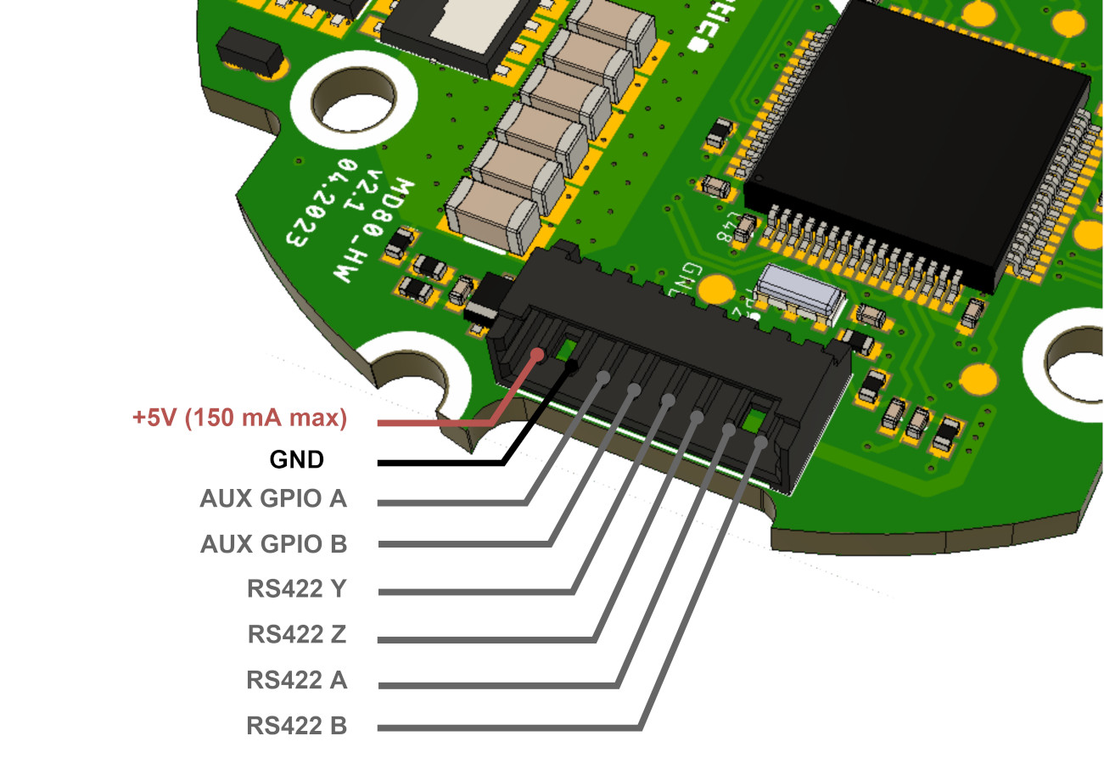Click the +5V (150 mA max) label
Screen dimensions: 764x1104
239,419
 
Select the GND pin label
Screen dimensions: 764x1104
297,460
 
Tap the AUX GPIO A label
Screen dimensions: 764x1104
273,499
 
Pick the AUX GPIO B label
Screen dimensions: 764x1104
273,544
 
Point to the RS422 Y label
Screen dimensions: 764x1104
297,589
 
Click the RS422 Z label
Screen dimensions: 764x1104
297,634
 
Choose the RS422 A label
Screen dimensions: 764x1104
297,680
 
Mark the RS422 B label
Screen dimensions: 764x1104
297,726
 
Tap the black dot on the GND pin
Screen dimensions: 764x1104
573,366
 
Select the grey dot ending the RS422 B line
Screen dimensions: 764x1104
760,442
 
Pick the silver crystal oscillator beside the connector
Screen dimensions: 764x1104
803,291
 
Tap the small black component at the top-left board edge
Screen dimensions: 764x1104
249,51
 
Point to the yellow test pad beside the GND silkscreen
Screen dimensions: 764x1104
716,289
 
